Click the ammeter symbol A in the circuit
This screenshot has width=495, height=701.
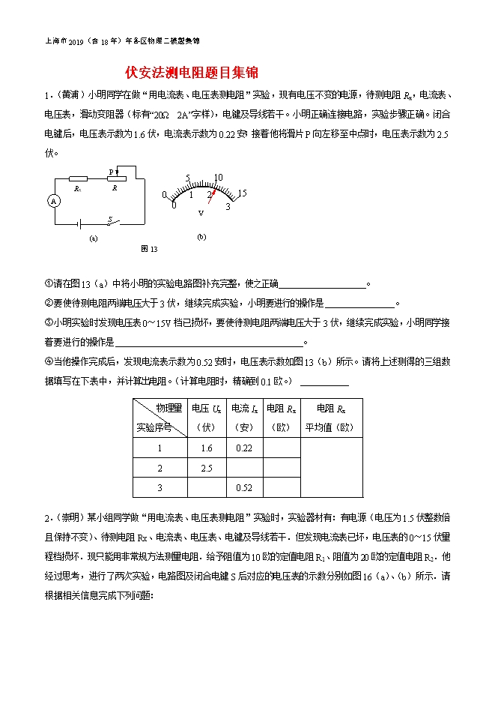pos(53,201)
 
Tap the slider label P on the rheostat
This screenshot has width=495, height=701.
pos(110,172)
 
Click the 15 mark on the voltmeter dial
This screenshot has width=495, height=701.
pos(241,193)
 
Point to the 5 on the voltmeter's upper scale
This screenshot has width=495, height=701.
pos(188,178)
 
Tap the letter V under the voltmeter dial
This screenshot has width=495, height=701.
pos(201,213)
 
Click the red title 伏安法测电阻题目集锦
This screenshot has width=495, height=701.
pos(192,73)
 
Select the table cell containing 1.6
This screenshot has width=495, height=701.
pos(207,448)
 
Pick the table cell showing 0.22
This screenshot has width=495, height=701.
pos(244,448)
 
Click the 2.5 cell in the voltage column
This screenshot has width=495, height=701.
pos(207,468)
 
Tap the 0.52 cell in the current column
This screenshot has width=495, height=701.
pos(244,487)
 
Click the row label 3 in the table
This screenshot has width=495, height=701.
pos(160,487)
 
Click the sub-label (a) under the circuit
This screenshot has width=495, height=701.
pos(94,238)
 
